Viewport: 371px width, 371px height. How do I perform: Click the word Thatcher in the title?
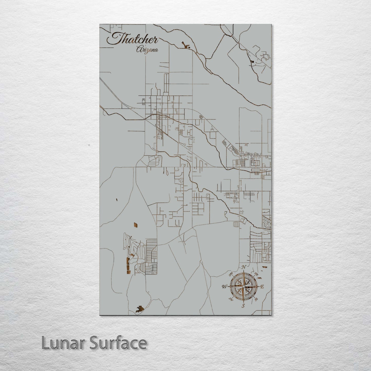(132, 40)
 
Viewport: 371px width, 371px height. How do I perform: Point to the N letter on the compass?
(245, 267)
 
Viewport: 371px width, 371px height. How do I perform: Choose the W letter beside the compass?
(224, 287)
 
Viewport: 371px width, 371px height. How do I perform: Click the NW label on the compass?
(231, 273)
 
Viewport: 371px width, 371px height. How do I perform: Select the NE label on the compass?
(256, 274)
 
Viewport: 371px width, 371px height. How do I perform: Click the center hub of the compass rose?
(244, 286)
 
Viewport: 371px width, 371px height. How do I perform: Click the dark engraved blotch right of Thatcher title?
(185, 46)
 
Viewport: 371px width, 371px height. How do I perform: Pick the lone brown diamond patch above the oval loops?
(135, 225)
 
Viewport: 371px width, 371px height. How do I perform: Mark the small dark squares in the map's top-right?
(252, 62)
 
